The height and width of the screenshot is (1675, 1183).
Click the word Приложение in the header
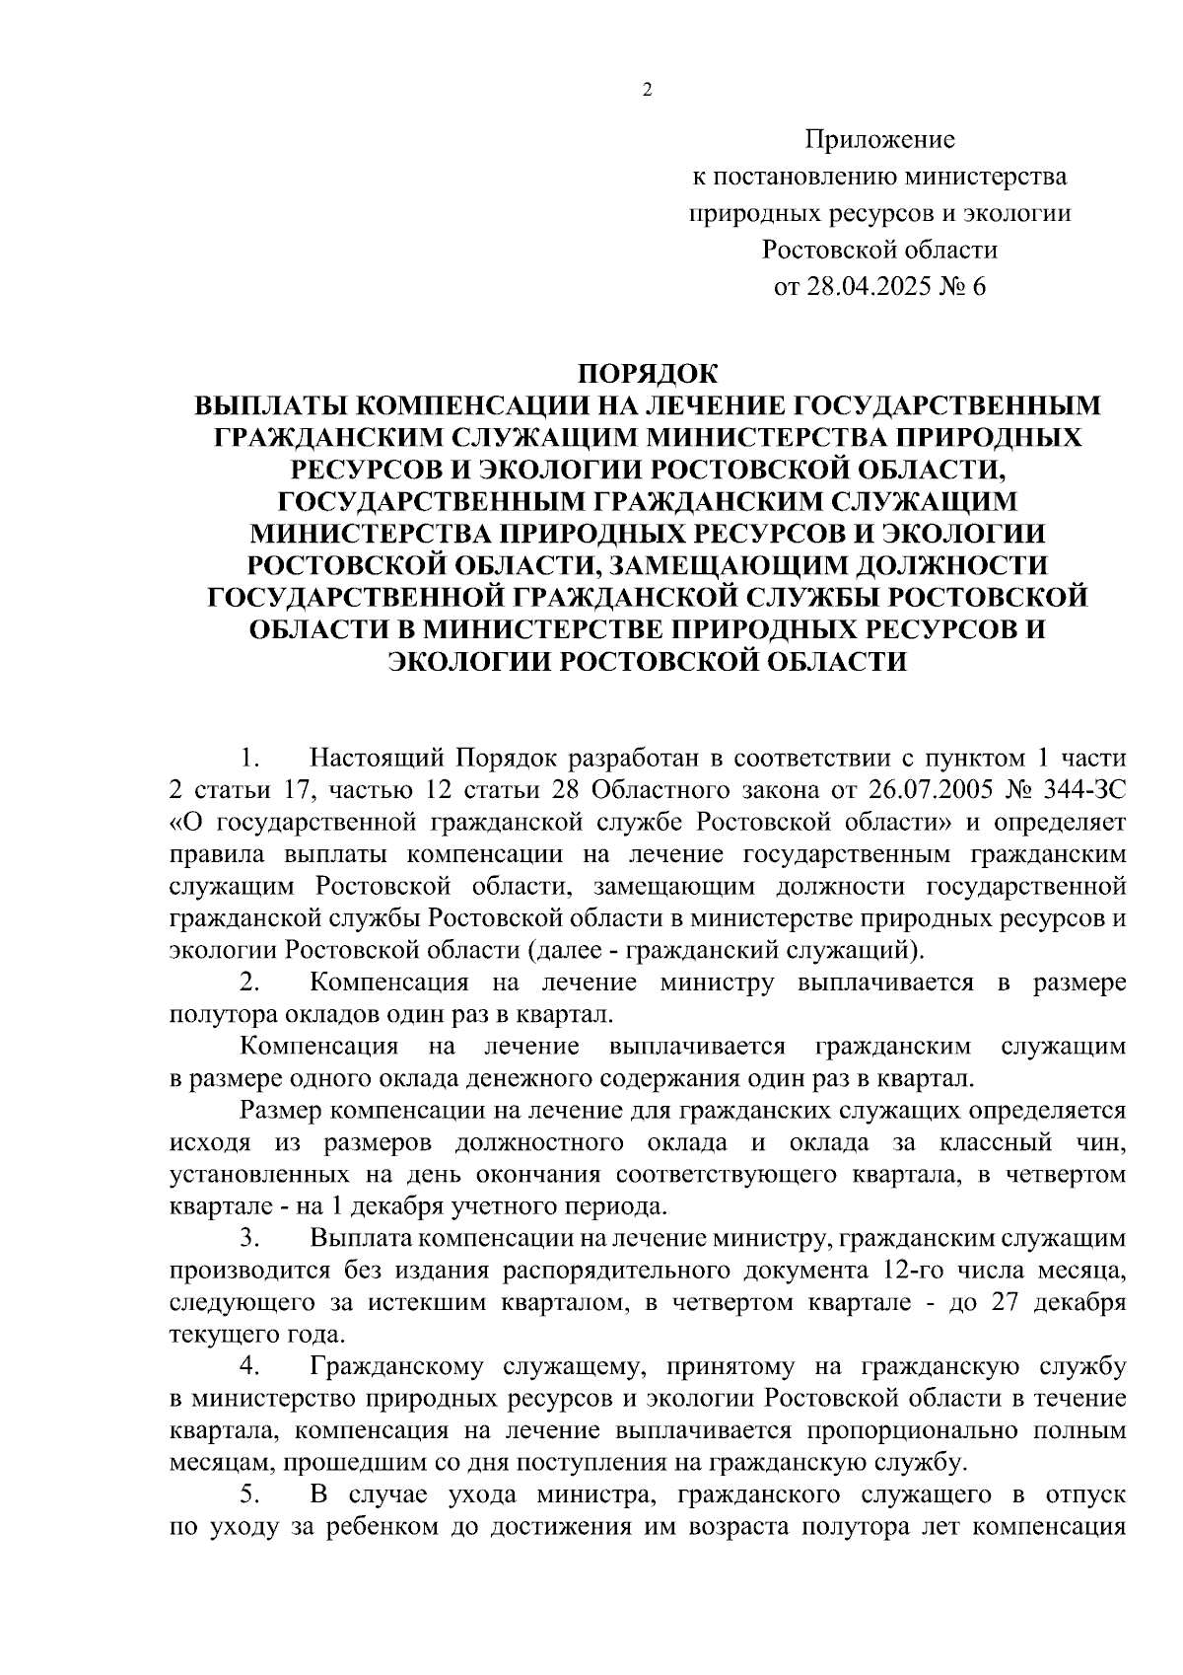pos(880,140)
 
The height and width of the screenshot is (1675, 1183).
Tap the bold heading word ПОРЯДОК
pos(648,374)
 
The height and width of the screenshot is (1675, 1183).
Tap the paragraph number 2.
pos(249,983)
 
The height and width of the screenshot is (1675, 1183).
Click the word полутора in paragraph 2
pos(213,1014)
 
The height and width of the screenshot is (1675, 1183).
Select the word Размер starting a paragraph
pos(282,1111)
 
